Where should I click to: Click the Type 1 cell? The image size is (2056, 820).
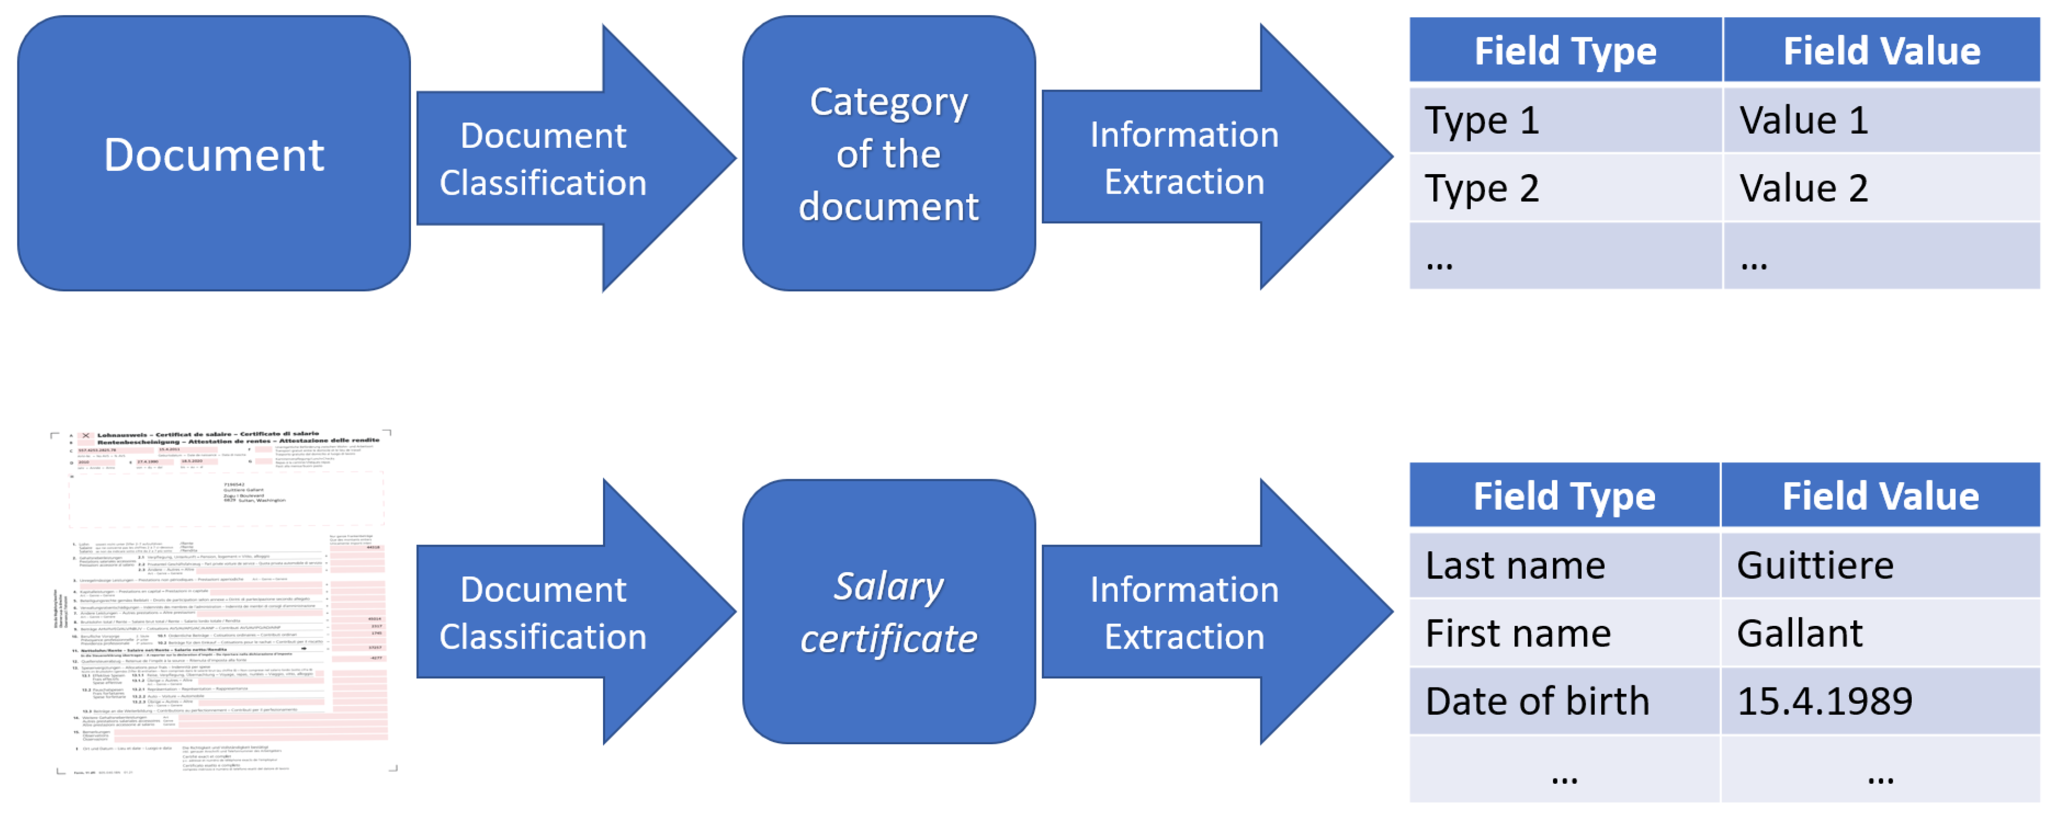1564,120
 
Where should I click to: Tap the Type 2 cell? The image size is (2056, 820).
1564,188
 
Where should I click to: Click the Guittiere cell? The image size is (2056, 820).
1880,565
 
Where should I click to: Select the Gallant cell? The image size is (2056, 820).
1880,633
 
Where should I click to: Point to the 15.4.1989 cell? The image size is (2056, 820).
1880,701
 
